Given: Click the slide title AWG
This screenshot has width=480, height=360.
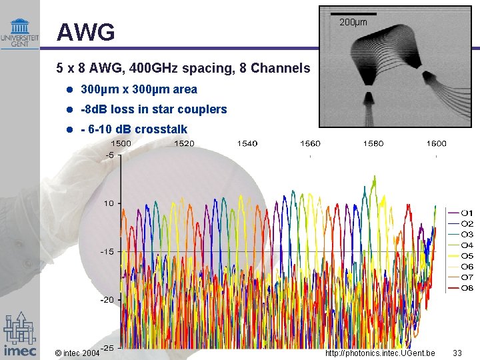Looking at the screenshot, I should (86, 32).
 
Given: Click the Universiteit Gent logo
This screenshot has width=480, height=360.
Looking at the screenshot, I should (19, 33).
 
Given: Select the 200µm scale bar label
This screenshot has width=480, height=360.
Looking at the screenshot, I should (353, 23).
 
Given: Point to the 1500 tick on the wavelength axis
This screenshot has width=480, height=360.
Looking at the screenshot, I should (120, 143).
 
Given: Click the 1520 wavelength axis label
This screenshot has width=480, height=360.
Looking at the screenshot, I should (183, 143).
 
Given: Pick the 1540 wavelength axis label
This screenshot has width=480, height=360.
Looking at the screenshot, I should (247, 143).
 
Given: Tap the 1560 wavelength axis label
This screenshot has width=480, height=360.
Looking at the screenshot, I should (310, 143).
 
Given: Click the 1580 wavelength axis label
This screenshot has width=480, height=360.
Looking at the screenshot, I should (373, 143).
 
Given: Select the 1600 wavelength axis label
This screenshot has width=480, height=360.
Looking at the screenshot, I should (436, 143).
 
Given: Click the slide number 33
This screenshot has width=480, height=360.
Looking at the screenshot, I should (457, 353).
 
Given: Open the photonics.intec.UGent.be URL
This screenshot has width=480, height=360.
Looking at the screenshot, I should (380, 353).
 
